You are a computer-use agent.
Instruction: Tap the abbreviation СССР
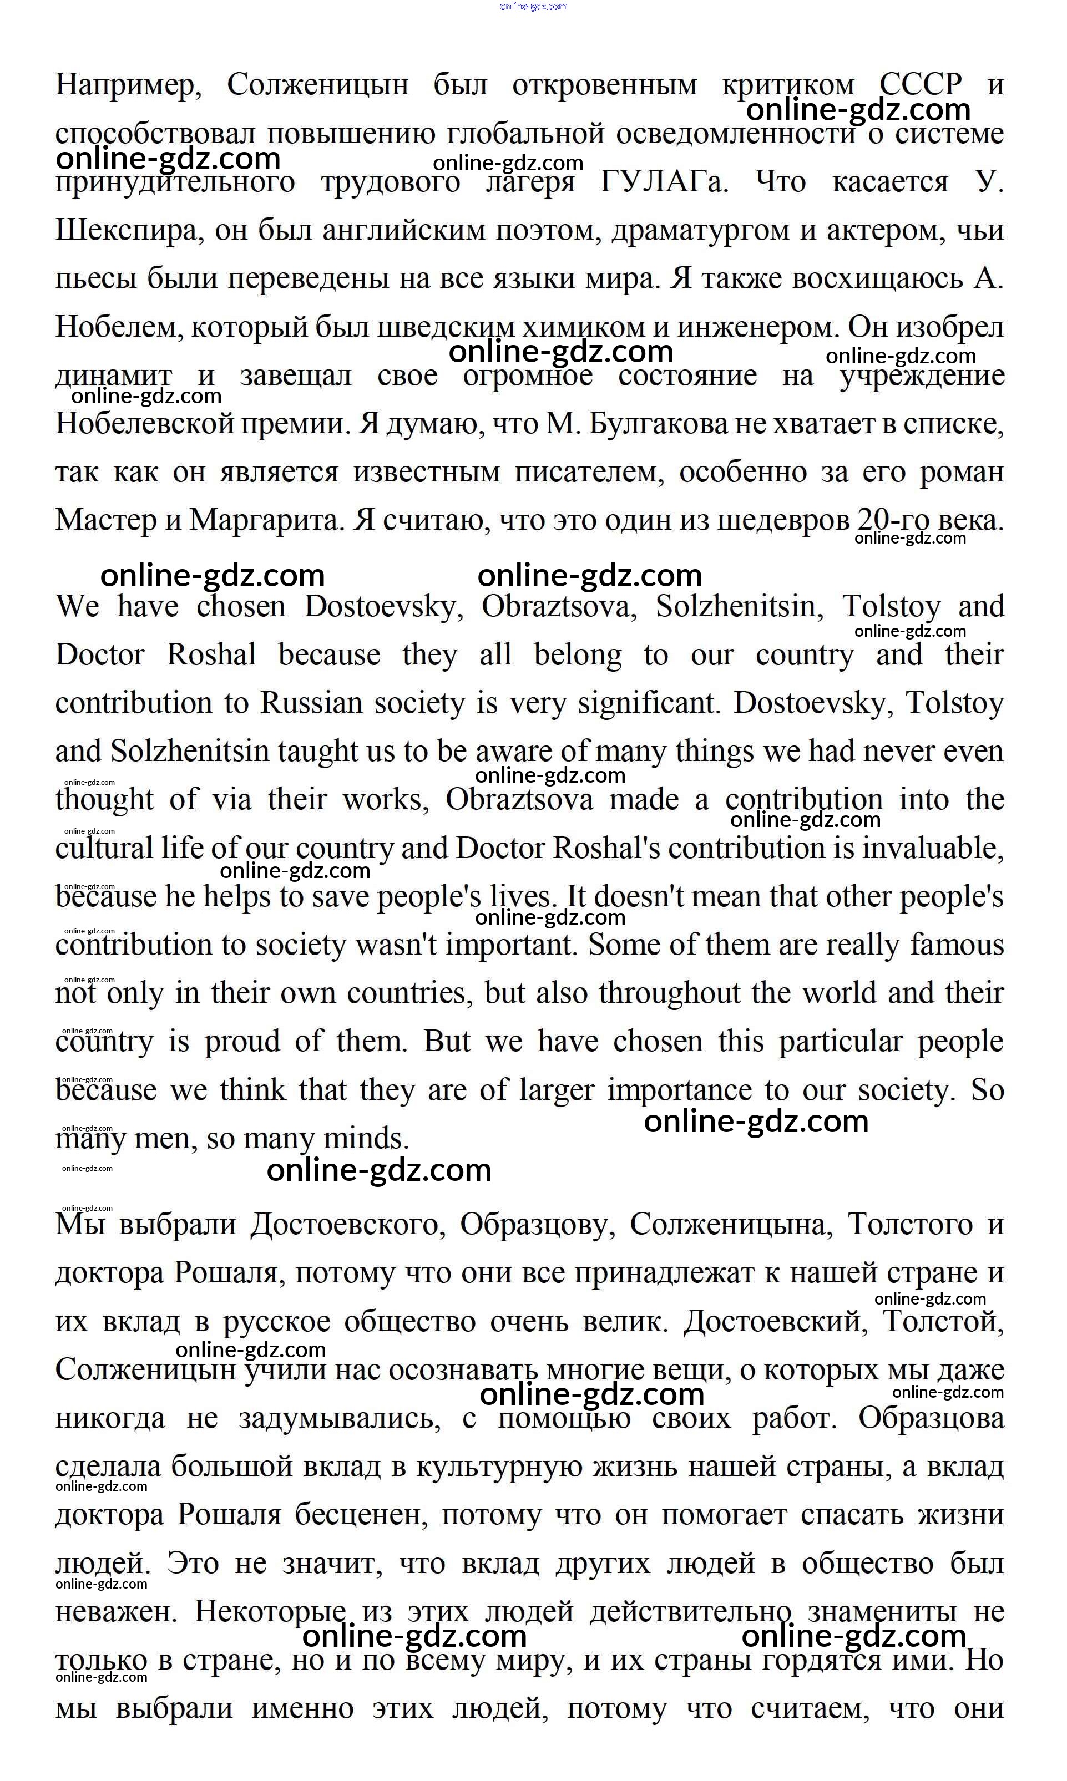[921, 85]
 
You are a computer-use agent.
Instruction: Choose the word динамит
[114, 376]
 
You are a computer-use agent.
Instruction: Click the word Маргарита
[264, 520]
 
